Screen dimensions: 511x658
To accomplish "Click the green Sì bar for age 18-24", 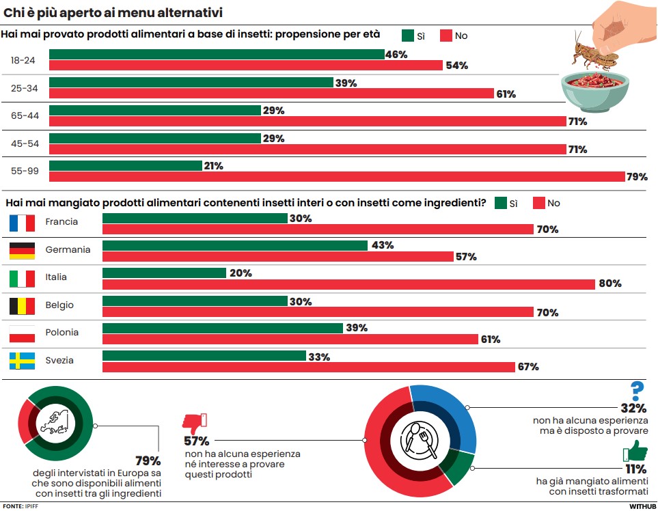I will coord(217,54).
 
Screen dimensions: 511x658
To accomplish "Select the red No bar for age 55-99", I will coord(337,177).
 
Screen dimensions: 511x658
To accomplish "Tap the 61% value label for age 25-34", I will coord(506,94).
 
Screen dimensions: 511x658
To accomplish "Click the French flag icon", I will coord(22,223).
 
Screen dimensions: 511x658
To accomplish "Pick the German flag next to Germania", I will coord(22,251).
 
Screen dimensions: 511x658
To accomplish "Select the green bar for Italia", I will coord(164,273).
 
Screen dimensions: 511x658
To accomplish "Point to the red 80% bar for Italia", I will coord(348,284).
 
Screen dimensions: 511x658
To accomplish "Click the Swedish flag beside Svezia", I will coord(22,361).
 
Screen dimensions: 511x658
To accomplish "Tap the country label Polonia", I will coord(62,333).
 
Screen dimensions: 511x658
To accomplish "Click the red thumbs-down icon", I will coord(194,423).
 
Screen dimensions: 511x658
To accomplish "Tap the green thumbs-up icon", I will coord(635,451).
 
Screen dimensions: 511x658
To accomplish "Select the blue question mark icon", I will coord(637,391).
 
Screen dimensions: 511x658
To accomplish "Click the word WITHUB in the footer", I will coord(642,506).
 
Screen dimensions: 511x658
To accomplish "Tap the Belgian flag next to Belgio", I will coord(22,305).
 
